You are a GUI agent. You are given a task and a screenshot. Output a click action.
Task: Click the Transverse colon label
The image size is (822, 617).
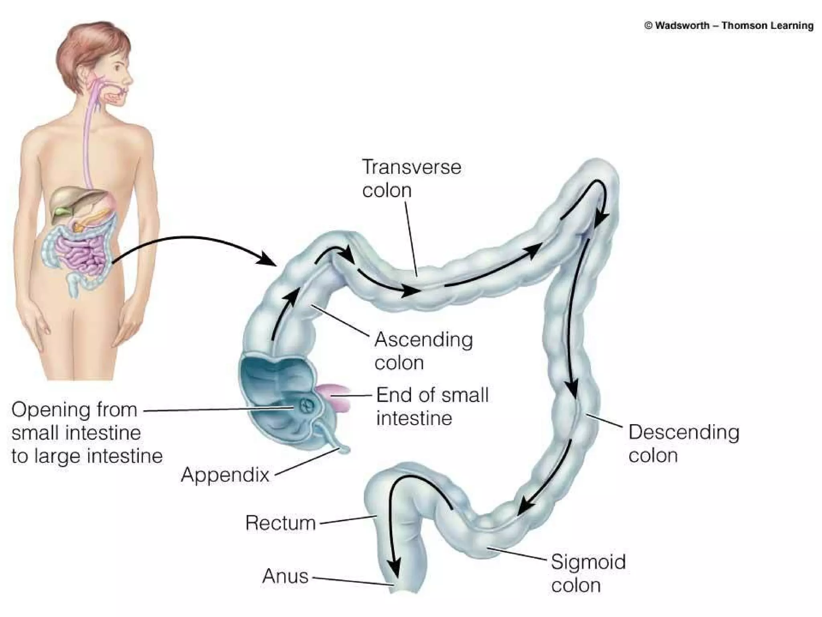click(x=411, y=179)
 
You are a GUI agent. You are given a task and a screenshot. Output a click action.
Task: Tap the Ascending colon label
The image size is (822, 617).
click(x=423, y=351)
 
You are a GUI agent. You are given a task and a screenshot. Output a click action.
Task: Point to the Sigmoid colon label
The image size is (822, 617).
click(x=588, y=573)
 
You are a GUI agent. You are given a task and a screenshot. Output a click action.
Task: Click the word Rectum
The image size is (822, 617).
click(x=281, y=523)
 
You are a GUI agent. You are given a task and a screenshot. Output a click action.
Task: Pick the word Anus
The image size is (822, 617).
click(x=285, y=576)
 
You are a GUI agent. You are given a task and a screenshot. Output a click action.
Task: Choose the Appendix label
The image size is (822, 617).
click(x=225, y=475)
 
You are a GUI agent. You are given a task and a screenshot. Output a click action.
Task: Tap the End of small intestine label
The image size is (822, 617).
click(x=432, y=407)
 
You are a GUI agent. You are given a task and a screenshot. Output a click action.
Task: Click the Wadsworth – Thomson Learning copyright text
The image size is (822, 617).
click(x=728, y=26)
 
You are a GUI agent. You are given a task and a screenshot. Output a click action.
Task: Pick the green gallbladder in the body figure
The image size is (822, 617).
click(x=63, y=211)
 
